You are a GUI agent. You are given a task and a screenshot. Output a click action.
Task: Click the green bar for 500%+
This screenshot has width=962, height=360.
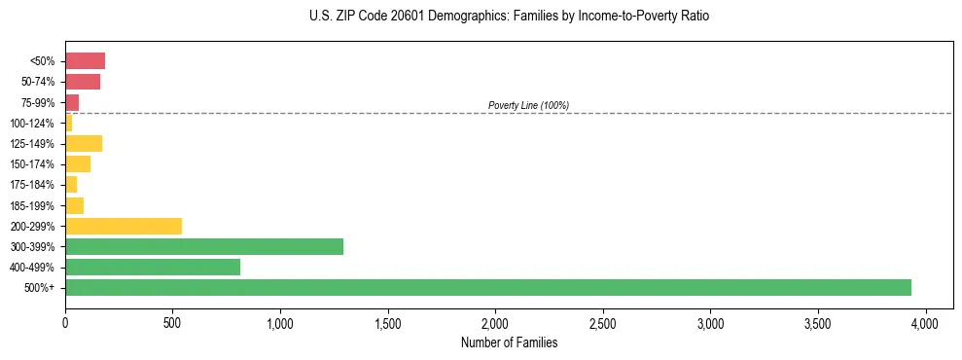[487, 287]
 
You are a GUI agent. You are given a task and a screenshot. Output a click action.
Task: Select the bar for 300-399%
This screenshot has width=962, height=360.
[204, 246]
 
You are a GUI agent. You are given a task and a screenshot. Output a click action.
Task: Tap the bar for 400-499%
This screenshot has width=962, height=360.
[153, 267]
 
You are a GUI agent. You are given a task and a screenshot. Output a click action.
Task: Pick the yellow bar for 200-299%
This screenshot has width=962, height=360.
[124, 226]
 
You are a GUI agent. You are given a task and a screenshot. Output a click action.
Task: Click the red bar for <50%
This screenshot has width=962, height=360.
[85, 61]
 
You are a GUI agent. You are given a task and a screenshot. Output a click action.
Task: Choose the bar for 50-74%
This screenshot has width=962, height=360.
[83, 82]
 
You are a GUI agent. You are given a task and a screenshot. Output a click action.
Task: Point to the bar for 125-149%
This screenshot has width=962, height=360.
[84, 144]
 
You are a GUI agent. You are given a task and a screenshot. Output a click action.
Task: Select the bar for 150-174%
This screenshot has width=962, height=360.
[78, 164]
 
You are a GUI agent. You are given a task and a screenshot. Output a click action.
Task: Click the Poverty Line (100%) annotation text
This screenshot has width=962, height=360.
[528, 105]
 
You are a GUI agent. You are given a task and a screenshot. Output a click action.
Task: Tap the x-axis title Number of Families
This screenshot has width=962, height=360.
[509, 342]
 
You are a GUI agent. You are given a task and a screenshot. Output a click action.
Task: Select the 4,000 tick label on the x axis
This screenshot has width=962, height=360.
[926, 322]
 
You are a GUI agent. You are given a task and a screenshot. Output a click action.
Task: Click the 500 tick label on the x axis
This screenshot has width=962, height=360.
[172, 322]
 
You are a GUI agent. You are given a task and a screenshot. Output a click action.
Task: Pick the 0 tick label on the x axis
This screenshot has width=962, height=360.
[65, 322]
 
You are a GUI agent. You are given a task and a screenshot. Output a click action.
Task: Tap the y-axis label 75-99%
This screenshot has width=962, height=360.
[37, 103]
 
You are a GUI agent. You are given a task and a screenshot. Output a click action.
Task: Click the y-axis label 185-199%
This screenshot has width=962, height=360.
[33, 205]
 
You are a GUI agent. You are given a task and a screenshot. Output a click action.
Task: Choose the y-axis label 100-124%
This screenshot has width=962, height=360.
[33, 124]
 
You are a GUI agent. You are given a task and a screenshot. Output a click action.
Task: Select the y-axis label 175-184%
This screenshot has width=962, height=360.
[33, 185]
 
